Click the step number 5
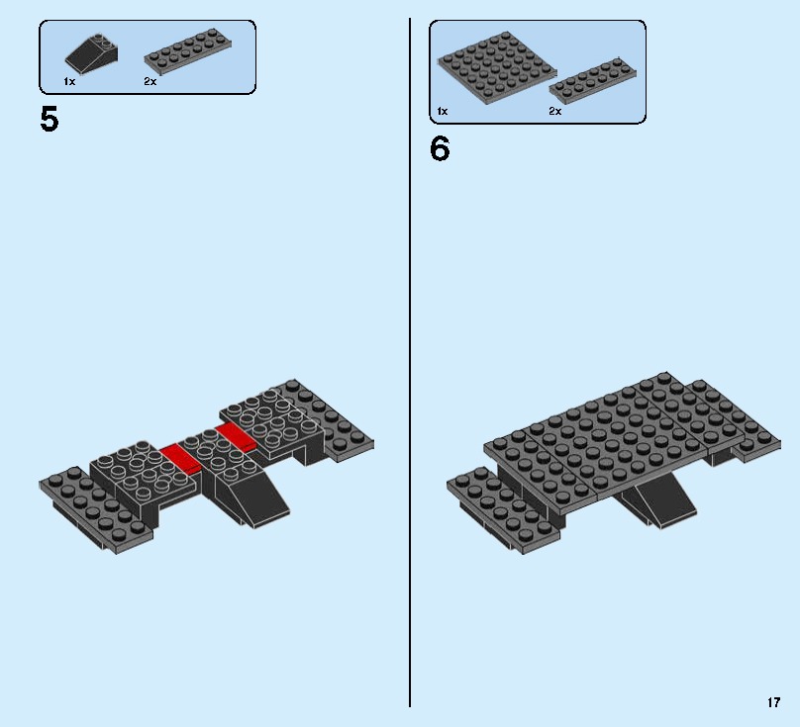[50, 120]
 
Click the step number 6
[440, 149]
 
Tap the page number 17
[773, 703]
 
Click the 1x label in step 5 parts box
[69, 82]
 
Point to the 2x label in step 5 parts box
[150, 82]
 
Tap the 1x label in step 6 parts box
[442, 112]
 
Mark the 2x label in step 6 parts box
[555, 112]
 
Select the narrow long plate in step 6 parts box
[592, 81]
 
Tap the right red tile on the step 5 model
[238, 436]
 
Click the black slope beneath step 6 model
[661, 501]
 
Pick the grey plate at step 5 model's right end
[332, 420]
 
